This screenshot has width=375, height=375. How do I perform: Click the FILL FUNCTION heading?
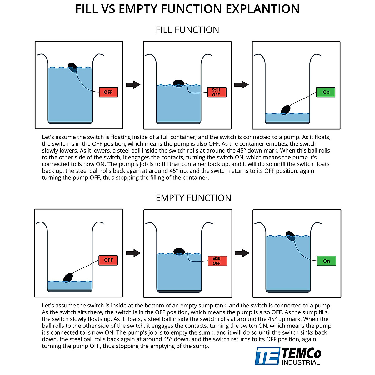[187, 30]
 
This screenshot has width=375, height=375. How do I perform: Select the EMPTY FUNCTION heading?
[193, 198]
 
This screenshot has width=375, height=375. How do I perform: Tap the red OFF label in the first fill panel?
[108, 92]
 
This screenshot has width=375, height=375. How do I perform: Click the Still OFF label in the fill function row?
[217, 92]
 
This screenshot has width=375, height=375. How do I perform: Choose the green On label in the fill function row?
[326, 92]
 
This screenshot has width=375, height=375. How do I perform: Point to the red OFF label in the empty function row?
[108, 260]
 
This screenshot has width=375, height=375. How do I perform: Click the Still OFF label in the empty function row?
[217, 261]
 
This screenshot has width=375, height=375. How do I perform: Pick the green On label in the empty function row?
[326, 261]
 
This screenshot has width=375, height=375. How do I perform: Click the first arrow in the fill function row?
[133, 85]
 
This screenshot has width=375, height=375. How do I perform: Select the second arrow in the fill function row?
[242, 85]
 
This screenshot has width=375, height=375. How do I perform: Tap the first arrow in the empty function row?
[133, 253]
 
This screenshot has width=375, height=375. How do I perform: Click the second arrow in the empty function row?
[242, 253]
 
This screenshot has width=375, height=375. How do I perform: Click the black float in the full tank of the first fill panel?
[73, 67]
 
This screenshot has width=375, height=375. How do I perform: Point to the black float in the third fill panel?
[286, 110]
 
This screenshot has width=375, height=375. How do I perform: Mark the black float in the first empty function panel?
[68, 277]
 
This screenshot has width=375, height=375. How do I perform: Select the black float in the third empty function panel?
[291, 236]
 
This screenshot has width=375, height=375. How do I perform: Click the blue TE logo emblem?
[267, 356]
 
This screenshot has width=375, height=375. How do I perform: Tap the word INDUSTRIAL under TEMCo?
[301, 362]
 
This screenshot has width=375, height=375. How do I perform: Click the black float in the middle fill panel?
[178, 83]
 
